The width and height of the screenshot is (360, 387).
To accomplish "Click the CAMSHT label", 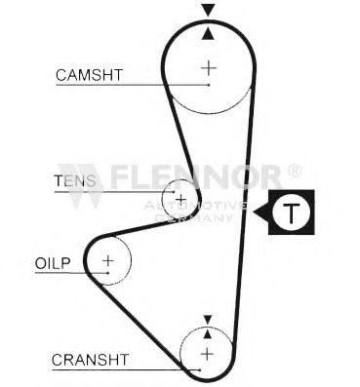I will [89, 74].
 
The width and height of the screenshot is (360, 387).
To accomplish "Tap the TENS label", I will [75, 179].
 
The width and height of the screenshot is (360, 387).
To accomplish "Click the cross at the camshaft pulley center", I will [208, 67].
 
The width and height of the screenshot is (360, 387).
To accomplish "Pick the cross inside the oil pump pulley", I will [107, 261].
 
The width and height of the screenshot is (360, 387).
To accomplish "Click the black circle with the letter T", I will [291, 213].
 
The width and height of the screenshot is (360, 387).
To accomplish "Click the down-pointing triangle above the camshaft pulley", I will [208, 10].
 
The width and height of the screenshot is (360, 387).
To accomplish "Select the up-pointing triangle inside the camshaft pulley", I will [208, 33].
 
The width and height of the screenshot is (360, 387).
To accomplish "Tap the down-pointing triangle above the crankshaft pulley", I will [207, 319].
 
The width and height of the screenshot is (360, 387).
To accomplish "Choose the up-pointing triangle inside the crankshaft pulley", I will [207, 335].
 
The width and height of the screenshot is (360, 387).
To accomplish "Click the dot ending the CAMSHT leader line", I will [208, 85].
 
